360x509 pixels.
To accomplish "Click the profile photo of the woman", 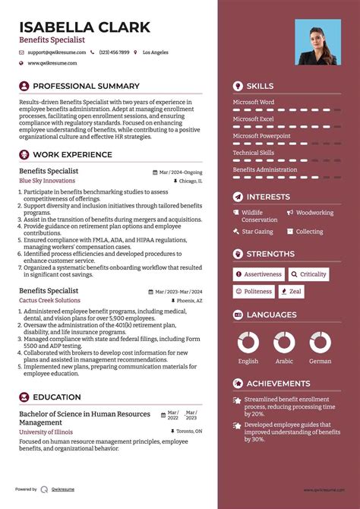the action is (317, 43).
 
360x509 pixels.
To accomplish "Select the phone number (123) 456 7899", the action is (113, 52).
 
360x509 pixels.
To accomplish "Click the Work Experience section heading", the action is (72, 155).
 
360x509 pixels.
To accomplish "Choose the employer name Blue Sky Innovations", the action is (47, 181).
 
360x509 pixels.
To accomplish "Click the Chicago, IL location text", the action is (190, 182).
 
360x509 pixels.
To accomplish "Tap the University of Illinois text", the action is (46, 432).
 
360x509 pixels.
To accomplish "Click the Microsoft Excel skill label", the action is (253, 119).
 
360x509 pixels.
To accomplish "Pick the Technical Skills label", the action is (254, 153).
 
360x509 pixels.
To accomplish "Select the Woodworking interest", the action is (314, 213).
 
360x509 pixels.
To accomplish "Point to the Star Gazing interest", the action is (257, 232).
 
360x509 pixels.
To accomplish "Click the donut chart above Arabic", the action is (284, 343).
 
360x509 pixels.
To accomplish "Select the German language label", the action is (320, 362).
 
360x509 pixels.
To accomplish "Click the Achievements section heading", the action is (278, 384).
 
